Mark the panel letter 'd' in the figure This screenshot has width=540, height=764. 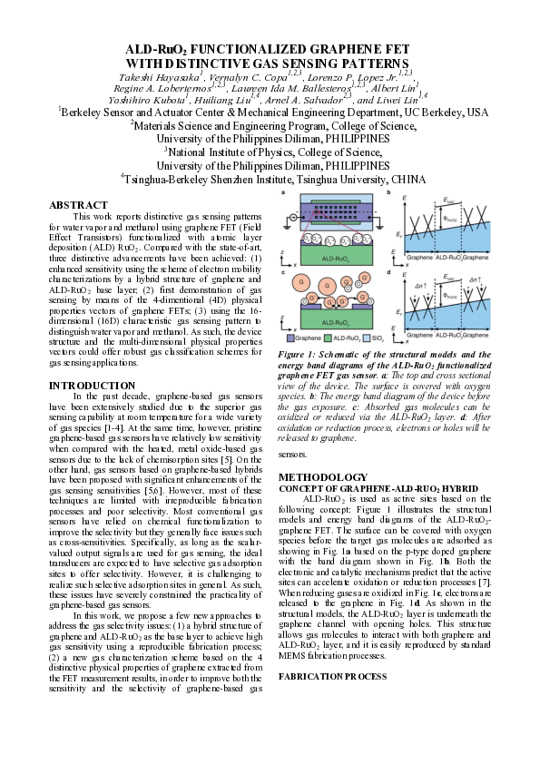(389, 270)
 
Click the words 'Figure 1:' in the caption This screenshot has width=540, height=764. (297, 354)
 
